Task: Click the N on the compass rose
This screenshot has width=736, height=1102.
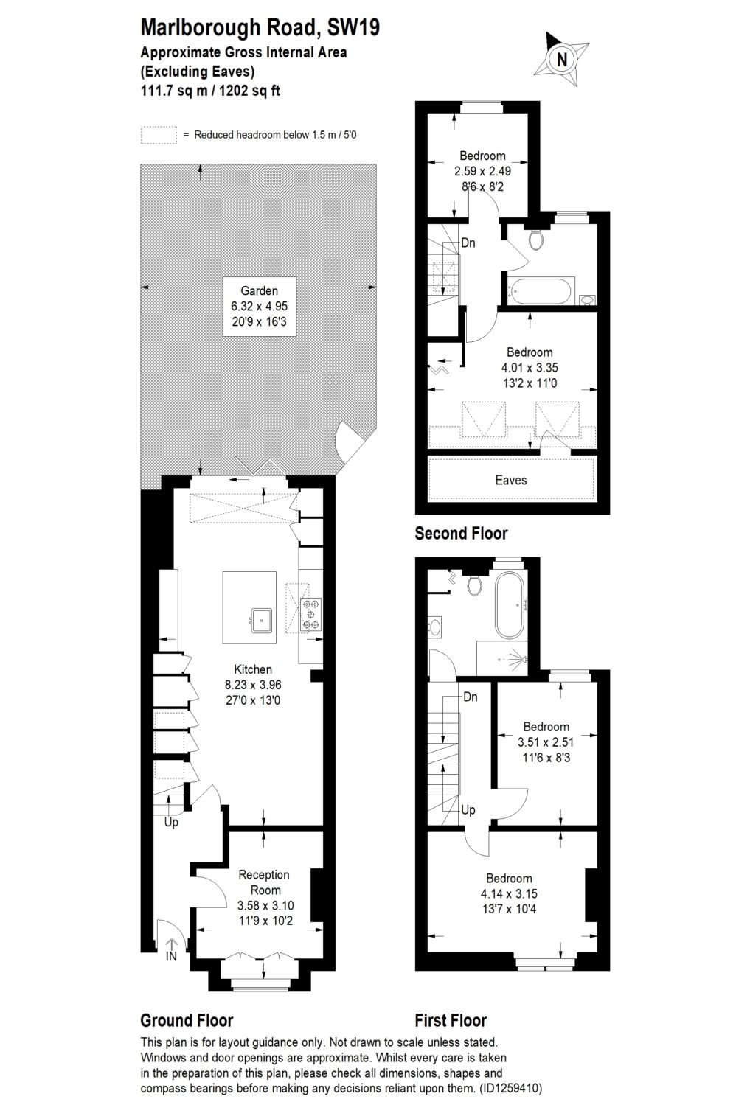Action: (562, 60)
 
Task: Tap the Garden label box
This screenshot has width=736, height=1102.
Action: (259, 307)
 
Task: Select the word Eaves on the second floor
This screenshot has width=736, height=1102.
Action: (510, 480)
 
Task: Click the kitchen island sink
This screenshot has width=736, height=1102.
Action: (261, 620)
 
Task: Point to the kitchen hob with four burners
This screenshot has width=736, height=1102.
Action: (310, 614)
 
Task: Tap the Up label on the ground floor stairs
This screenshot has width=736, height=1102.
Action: (171, 823)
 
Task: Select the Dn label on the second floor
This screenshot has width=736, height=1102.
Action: (468, 243)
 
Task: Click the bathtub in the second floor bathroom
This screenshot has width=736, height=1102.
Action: (540, 291)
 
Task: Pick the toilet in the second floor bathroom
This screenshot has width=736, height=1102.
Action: (535, 239)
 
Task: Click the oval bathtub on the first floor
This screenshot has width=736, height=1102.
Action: (510, 605)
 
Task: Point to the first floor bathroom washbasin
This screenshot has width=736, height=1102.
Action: (434, 627)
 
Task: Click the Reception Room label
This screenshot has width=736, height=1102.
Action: (264, 882)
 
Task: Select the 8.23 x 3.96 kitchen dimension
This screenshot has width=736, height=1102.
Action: (253, 685)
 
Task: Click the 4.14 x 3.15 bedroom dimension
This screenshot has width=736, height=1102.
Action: (509, 894)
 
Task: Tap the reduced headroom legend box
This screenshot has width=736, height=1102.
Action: (159, 135)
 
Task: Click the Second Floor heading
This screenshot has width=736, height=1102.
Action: (461, 533)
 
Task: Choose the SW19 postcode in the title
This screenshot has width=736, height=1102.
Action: (353, 27)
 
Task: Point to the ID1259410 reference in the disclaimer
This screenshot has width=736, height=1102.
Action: (510, 1088)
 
